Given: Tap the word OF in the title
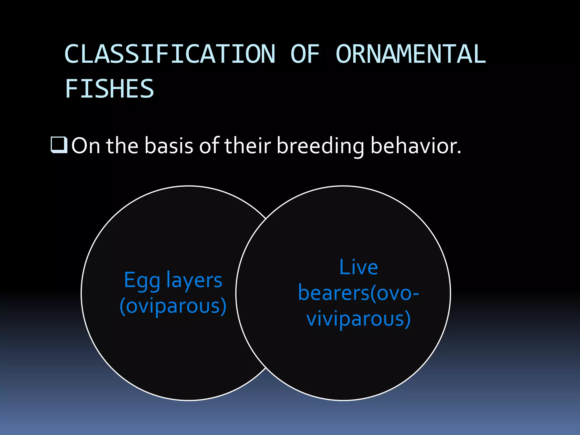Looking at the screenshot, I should (305, 54).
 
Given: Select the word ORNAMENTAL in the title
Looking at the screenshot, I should (411, 54).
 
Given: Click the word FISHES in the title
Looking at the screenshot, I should (110, 89).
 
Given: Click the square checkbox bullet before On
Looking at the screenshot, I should (59, 145).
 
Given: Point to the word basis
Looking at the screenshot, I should (169, 146).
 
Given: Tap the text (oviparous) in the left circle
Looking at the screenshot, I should (173, 306).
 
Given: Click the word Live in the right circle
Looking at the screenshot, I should (358, 267).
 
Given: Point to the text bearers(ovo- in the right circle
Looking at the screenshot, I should (358, 293).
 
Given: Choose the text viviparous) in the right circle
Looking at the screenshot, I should (358, 319).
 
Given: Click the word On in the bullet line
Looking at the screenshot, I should (86, 146).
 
